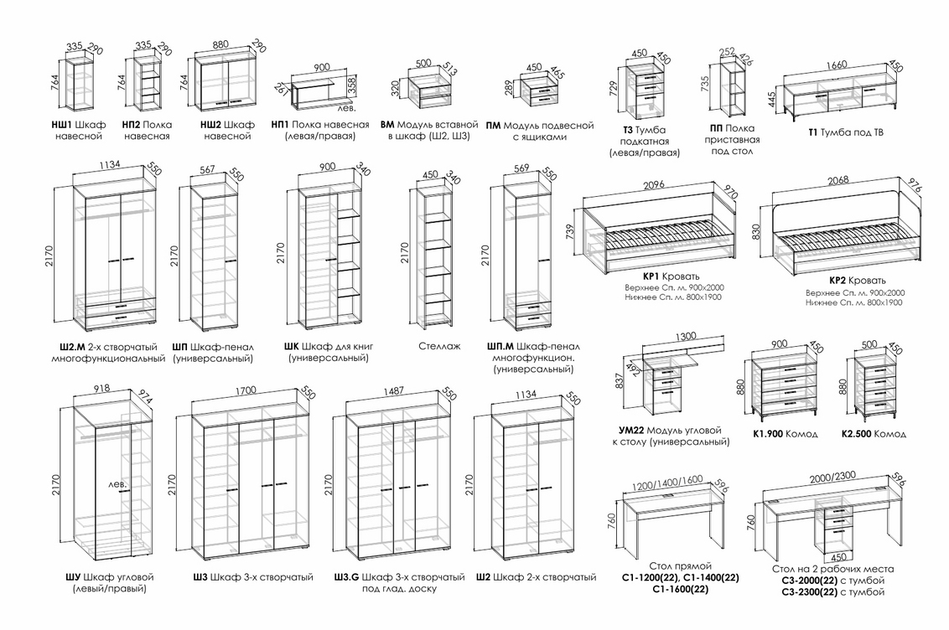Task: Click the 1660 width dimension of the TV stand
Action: [837, 65]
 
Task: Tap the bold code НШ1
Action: [62, 125]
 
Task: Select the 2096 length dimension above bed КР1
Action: [654, 185]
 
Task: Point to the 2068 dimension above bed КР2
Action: [838, 180]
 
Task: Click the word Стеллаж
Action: [439, 347]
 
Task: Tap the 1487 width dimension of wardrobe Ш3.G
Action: [393, 391]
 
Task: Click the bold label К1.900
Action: [768, 433]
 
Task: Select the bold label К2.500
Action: [857, 433]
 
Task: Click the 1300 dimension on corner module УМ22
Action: [686, 336]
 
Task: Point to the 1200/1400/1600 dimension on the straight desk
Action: [667, 483]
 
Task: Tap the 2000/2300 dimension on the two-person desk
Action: [832, 478]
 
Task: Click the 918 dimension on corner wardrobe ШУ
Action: [101, 388]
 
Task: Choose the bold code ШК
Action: [291, 347]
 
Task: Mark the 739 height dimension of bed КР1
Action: [570, 232]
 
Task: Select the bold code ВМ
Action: [387, 125]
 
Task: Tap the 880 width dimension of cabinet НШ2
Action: [221, 44]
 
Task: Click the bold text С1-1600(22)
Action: [681, 589]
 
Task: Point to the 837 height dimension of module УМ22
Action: [620, 380]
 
